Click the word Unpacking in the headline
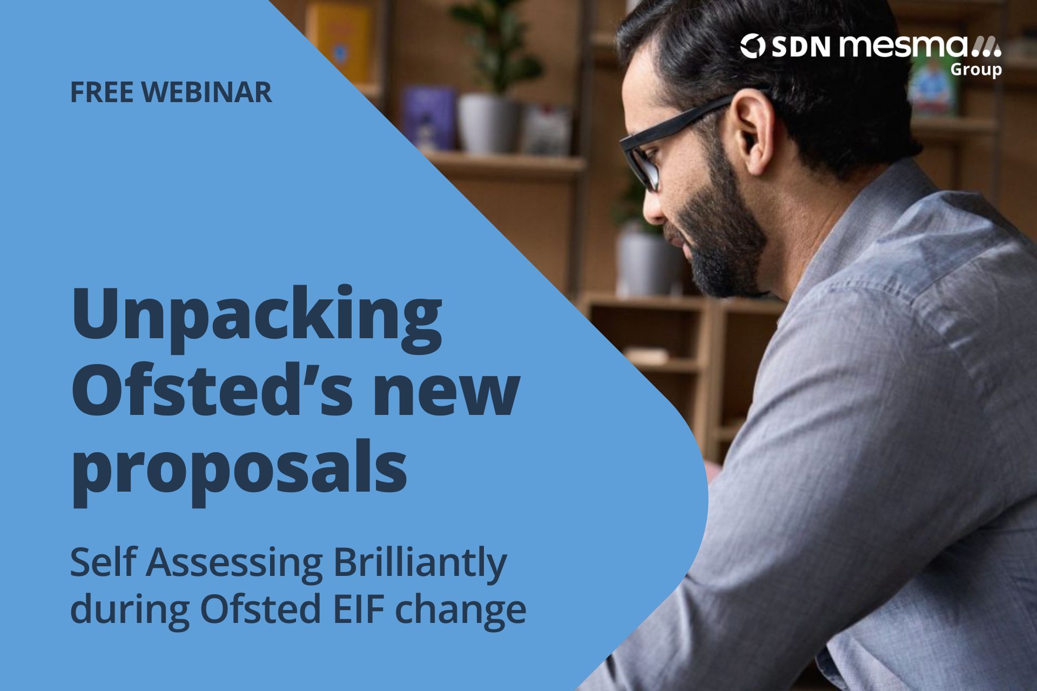(257, 321)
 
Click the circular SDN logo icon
(752, 46)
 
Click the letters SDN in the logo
(800, 46)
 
